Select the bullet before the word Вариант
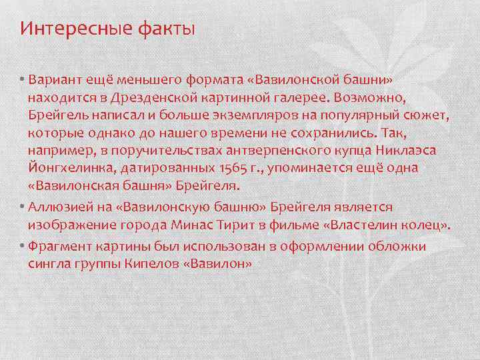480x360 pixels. tap(22, 81)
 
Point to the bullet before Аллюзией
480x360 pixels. tap(22, 209)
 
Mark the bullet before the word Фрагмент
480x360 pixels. tap(22, 247)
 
